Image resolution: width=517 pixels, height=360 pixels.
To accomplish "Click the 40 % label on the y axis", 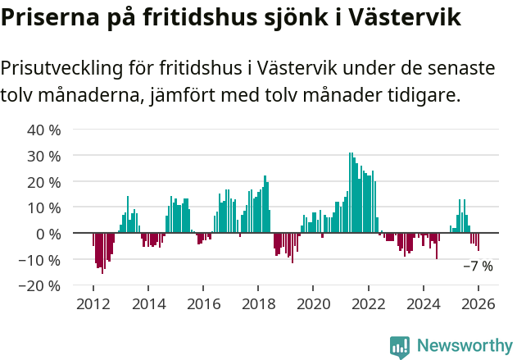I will [44, 130].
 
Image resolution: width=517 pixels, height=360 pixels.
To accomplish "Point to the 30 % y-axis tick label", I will [44, 156].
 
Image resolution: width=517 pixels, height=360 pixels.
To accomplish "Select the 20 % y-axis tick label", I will [44, 181].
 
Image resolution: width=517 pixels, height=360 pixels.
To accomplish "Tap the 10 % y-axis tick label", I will [44, 207].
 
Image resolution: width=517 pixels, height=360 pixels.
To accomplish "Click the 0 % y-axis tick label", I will [48, 234].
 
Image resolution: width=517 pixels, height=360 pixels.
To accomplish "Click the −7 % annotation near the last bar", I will [478, 267].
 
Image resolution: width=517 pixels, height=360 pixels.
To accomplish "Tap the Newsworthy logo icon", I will [400, 346].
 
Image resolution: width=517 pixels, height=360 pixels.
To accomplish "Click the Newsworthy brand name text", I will [464, 346].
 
